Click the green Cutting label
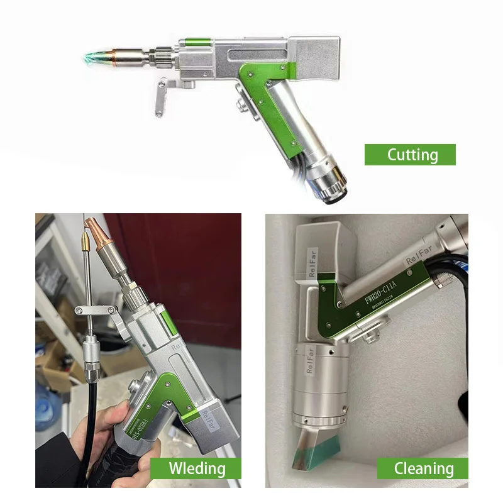tap(410, 155)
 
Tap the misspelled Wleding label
tap(196, 468)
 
